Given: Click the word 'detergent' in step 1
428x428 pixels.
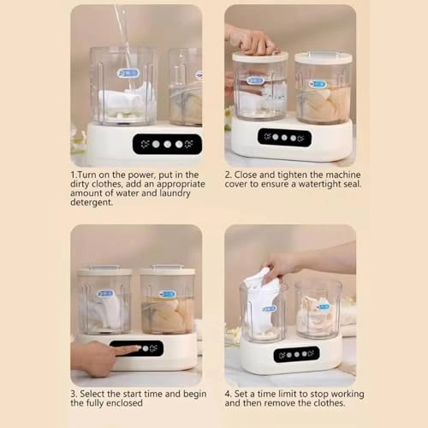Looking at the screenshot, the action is point(92,202).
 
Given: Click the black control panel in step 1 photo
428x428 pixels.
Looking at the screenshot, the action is point(167,144).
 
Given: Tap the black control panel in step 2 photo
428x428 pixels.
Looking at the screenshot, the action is point(284,138).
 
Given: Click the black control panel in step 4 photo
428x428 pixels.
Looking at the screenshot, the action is point(296,354).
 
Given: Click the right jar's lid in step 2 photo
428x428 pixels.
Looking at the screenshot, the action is point(324,58).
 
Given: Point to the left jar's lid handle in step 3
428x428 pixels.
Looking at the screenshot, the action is point(104,267).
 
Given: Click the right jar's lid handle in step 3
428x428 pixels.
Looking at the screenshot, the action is point(168,267).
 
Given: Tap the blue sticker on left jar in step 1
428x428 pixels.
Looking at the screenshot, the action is point(128,73).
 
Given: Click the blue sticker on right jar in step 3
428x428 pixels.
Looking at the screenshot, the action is point(167,294).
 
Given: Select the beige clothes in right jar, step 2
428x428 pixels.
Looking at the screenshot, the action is point(324,104).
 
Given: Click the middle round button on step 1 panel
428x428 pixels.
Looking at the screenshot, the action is point(168,145).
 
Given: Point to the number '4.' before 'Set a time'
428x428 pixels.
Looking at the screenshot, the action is point(228,394).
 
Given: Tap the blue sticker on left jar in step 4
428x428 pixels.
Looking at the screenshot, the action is point(269,309).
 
